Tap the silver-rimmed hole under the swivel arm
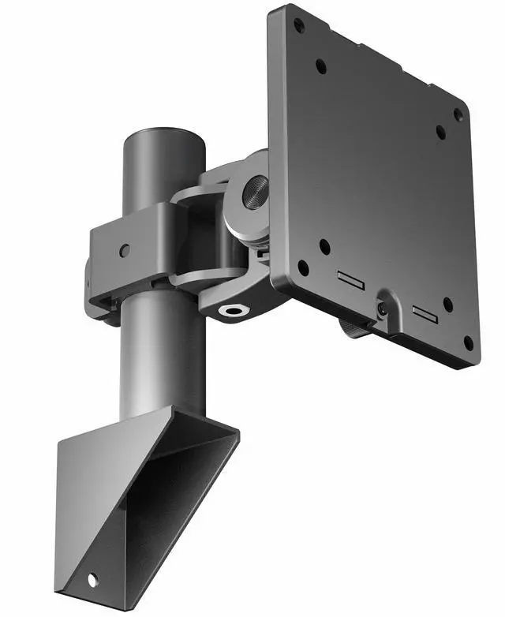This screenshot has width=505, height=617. click(234, 310)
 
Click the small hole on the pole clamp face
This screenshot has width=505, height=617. click(124, 250)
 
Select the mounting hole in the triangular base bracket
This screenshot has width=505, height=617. click(92, 580)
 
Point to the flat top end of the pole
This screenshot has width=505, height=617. click(163, 135)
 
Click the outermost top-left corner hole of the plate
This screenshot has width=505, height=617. click(299, 25)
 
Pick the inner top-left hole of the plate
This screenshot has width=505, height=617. click(321, 66)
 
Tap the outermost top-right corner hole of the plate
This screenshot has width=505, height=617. click(458, 115)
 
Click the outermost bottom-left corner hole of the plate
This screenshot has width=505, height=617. click(302, 267)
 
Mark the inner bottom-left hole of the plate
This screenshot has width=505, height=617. click(324, 246)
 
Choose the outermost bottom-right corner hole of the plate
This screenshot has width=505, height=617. click(469, 343)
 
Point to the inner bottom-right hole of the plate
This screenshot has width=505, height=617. click(448, 304)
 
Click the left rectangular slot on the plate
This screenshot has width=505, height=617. click(350, 279)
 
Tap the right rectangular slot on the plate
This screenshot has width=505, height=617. click(425, 313)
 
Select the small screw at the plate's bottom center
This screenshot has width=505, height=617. click(383, 309)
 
